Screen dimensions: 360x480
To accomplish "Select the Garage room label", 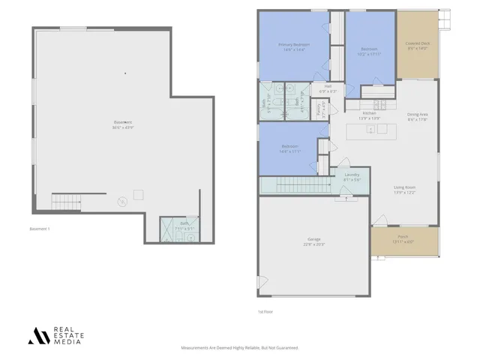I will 313,242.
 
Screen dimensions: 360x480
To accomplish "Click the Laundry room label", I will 352,177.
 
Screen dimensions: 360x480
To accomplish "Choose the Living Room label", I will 405,191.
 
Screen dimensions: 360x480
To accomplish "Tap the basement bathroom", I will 180,229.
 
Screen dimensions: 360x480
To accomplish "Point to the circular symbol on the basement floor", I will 122,201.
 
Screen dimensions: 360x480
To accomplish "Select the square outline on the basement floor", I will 139,195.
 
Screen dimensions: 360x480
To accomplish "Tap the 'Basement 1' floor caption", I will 39,228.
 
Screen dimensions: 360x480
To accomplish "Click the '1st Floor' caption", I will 264,312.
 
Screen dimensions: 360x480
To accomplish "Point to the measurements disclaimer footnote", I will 240,348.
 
